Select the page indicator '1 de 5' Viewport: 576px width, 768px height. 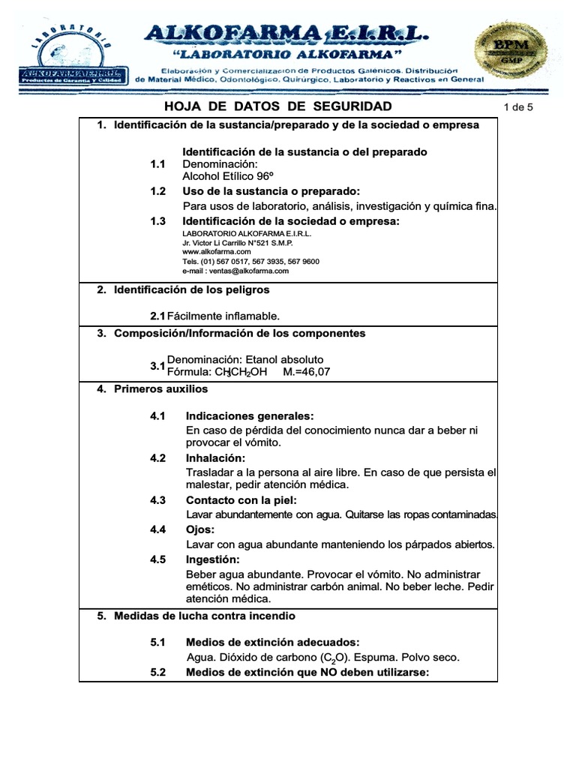[x=518, y=107]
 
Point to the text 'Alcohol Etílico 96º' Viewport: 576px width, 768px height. [x=222, y=176]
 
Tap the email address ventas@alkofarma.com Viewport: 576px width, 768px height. [x=235, y=271]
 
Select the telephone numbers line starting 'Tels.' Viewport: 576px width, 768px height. [x=250, y=262]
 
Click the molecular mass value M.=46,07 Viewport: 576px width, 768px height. [x=306, y=372]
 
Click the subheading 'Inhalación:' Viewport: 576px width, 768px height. [x=216, y=458]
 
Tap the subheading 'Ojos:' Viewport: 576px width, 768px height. [x=200, y=529]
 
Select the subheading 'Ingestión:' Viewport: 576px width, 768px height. [x=213, y=559]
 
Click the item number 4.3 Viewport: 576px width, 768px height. [x=157, y=500]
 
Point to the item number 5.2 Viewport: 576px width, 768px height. [x=157, y=672]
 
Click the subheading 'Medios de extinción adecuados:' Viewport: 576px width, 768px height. [x=272, y=642]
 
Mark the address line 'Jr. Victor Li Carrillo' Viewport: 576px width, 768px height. [x=237, y=243]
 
